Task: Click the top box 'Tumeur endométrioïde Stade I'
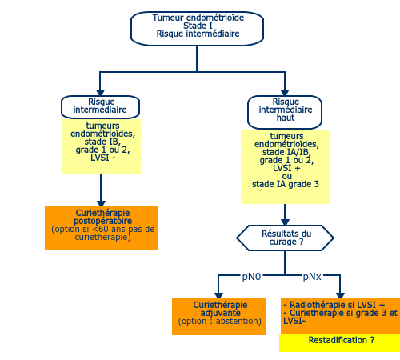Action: pos(197,29)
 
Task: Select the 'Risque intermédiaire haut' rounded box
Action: pos(285,112)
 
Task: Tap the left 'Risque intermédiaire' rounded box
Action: pos(100,107)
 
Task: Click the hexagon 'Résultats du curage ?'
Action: pos(285,238)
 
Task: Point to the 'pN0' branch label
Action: pos(251,277)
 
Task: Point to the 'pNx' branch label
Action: pos(312,277)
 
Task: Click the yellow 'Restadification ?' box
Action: pos(340,342)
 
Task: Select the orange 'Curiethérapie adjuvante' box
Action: pos(218,317)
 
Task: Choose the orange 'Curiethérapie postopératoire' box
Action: pos(101,228)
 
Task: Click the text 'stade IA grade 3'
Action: pos(286,184)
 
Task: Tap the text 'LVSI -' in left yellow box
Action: pos(103,158)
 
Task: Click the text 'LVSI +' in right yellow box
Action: pos(286,168)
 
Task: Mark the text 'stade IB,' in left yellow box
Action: pos(102,142)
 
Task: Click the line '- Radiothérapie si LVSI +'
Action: pos(334,305)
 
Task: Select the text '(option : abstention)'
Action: pos(220,321)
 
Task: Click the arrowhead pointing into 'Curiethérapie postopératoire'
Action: pos(101,203)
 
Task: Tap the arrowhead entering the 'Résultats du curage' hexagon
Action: pos(285,222)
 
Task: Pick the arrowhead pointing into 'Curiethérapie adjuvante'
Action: pos(218,295)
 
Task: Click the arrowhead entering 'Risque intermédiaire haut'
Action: pos(285,93)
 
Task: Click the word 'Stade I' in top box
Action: pos(198,26)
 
